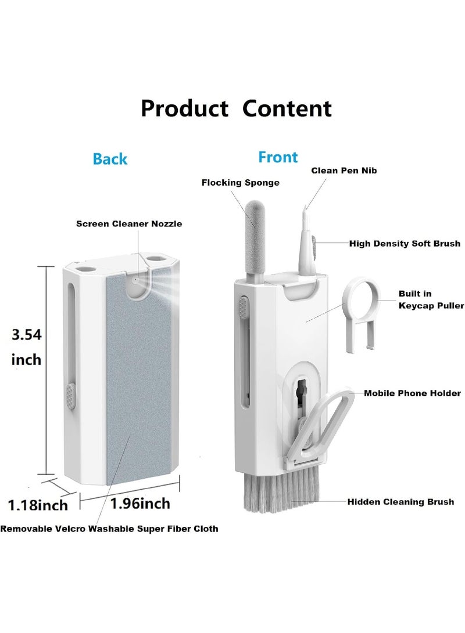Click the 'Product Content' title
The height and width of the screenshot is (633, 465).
[x=236, y=108]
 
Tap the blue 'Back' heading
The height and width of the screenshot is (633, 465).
[x=110, y=158]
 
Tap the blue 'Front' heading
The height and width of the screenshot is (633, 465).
[x=278, y=157]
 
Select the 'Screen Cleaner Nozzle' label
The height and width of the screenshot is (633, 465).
[x=129, y=223]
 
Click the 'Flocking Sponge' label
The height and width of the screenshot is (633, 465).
[x=241, y=182]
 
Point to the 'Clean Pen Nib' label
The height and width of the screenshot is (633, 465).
[x=344, y=171]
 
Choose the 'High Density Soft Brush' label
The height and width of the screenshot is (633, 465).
[x=405, y=244]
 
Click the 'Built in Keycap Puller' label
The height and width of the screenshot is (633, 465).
[x=431, y=299]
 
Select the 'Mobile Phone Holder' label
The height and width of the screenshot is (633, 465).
[x=413, y=393]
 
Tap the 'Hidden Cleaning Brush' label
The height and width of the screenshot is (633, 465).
[x=400, y=502]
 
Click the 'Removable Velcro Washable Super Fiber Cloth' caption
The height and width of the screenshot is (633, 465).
[x=109, y=529]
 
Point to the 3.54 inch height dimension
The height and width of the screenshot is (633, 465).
[x=27, y=347]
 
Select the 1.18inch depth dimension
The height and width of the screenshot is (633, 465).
[x=38, y=505]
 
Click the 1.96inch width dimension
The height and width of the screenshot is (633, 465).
[x=140, y=504]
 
